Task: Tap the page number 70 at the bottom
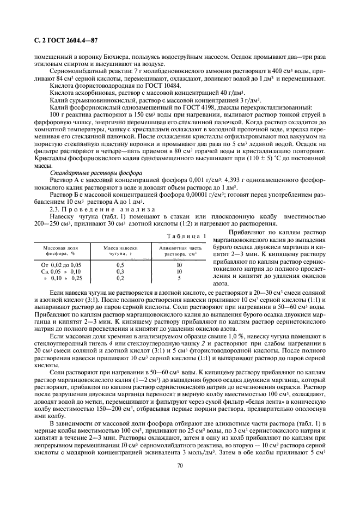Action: pyautogui.click(x=179, y=465)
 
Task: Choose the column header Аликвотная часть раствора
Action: pyautogui.click(x=179, y=251)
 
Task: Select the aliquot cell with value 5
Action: pyautogui.click(x=179, y=277)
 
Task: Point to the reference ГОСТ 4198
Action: pyautogui.click(x=188, y=107)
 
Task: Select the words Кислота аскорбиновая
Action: pyautogui.click(x=76, y=93)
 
